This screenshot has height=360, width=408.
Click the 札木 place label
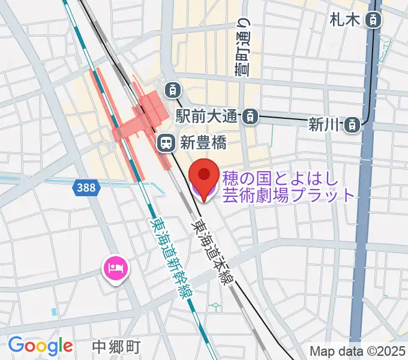coord(344,20)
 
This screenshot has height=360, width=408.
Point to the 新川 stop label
coord(324,125)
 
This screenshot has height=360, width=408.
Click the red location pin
coord(203,178)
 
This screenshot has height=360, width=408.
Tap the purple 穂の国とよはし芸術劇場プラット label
coord(282,187)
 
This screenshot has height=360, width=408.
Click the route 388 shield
coord(86,188)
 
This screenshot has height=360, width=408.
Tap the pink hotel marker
coord(115,267)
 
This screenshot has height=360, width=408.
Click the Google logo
coord(40,345)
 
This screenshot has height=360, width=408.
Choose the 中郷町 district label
coord(117,346)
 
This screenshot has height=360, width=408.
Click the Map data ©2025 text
coord(358,351)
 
